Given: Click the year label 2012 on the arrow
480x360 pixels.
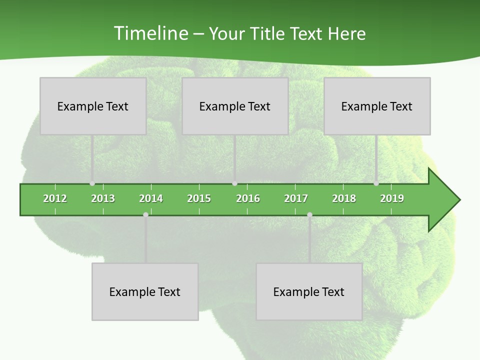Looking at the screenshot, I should click(x=55, y=198).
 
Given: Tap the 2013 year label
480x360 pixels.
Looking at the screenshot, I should click(x=103, y=198).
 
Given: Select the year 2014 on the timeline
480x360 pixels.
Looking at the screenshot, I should click(x=151, y=198).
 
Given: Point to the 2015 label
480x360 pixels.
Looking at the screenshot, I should click(x=199, y=198).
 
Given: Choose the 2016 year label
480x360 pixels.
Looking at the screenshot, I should click(x=248, y=198).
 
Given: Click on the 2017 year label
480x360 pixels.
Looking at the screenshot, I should click(x=296, y=198).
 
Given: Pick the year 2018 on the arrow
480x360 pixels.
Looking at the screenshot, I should click(x=344, y=198).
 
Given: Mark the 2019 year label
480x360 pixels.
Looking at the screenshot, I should click(x=392, y=198).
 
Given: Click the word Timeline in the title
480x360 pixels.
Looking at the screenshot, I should click(x=150, y=33).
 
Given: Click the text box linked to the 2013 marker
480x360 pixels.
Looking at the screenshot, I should click(x=93, y=106).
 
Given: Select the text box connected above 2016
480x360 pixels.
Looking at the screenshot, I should click(x=235, y=106).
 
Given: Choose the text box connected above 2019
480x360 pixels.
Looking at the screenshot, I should click(x=377, y=106).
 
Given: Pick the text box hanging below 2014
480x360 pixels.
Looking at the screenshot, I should click(x=145, y=291).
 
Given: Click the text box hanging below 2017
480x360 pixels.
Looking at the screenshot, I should click(x=309, y=291).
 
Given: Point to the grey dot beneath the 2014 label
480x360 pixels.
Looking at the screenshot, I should click(x=145, y=214).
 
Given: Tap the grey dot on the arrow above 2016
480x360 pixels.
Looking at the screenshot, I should click(x=234, y=183).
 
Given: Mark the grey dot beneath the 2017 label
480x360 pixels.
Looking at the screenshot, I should click(x=309, y=214).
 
